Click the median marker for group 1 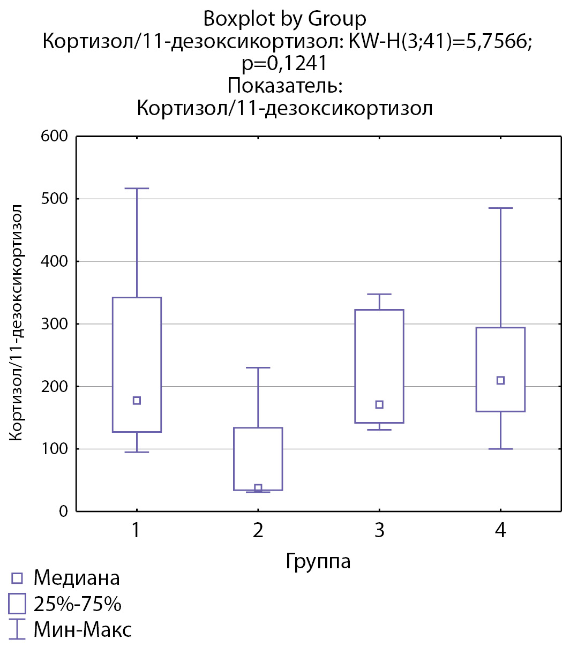[x=137, y=401]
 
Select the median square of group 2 [x=258, y=488]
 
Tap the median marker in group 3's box [x=379, y=404]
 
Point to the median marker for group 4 [x=500, y=380]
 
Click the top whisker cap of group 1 [x=137, y=189]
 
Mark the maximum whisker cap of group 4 [x=500, y=208]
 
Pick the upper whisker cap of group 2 [x=258, y=367]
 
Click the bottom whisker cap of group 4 [x=500, y=449]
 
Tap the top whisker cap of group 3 [x=379, y=294]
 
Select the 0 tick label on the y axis [x=63, y=511]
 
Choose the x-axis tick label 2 [x=258, y=531]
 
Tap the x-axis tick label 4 [x=500, y=531]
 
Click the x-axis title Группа [x=318, y=561]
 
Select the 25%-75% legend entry [x=77, y=604]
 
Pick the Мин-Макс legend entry [x=82, y=629]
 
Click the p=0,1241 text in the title [x=283, y=64]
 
